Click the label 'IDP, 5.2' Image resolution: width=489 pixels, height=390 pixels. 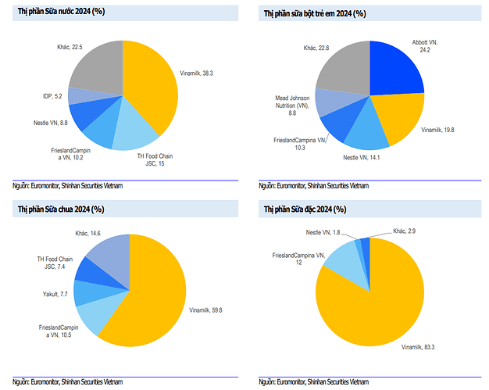(53, 96)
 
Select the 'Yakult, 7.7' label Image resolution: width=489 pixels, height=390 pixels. (55, 295)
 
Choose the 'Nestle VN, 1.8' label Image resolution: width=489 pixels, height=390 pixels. (323, 232)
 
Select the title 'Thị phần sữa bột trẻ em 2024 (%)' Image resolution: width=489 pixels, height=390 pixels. (314, 14)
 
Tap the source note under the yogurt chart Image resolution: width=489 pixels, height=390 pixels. (67, 381)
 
